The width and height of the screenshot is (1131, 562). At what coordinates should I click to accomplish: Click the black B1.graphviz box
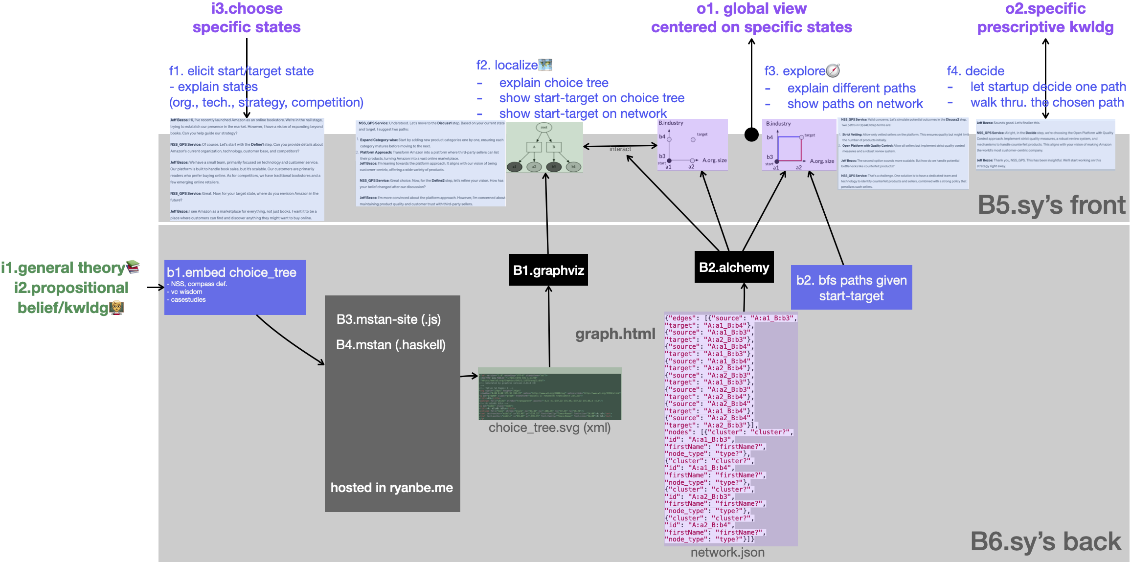coord(548,270)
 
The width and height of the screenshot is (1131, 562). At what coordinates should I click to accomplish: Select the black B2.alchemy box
coord(734,267)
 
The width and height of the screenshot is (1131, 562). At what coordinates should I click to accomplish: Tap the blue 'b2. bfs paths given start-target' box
coord(851,288)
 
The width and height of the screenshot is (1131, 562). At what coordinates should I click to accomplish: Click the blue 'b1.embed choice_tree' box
coord(235,287)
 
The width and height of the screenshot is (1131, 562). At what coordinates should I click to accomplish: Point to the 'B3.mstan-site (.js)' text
coord(388,319)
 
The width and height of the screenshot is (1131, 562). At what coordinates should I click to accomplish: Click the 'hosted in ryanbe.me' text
coord(391,488)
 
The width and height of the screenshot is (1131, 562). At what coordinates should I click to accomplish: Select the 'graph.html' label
coord(615,334)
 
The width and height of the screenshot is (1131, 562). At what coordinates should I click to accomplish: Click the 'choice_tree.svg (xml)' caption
coord(549,427)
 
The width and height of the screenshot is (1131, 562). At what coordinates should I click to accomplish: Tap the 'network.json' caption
coord(727,552)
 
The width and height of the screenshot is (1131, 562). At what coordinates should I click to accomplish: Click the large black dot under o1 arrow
coord(751,134)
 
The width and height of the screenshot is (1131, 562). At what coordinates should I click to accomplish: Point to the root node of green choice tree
coord(544,127)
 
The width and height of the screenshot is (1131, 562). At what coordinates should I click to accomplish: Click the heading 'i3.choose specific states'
coord(247,18)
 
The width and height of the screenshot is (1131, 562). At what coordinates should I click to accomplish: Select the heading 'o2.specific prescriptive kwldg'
coord(1045,18)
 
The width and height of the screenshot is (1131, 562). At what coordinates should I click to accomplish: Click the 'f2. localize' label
coord(507,65)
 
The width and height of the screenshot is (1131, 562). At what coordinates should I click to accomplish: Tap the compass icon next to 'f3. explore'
coord(833,70)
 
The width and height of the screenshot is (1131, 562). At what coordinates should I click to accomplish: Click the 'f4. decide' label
coord(975,71)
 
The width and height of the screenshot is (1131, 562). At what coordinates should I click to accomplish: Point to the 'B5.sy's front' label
coord(1051,205)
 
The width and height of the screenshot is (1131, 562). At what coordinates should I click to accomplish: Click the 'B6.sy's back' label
coord(1045,541)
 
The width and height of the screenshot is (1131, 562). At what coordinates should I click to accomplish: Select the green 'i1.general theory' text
coord(64,268)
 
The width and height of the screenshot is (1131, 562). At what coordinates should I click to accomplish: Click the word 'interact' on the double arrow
coord(620,149)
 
